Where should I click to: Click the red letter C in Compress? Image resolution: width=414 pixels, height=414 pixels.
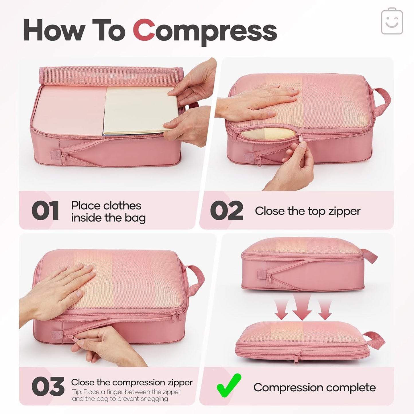pos(144,30)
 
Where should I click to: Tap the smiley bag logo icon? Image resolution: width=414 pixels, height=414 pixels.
pos(392,21)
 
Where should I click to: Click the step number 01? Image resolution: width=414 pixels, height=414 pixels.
pos(45,211)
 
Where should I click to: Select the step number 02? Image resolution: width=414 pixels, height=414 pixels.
pos(226,211)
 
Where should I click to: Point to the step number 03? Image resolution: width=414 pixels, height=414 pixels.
pos(48,387)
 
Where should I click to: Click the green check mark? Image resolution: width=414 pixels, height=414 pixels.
pos(228,385)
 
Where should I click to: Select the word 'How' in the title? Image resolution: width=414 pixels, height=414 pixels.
pos(54,31)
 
